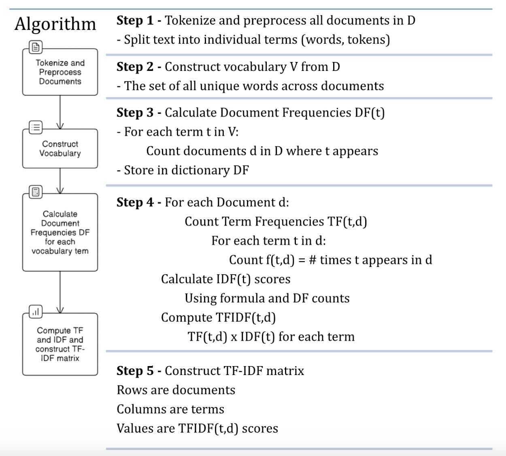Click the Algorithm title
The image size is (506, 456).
click(x=55, y=24)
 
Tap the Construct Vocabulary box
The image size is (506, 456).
click(x=60, y=149)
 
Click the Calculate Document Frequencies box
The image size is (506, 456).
click(x=60, y=232)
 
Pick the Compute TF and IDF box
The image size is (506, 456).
click(x=60, y=344)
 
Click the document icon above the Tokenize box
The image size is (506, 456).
click(x=36, y=47)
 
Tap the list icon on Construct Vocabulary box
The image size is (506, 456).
click(x=36, y=128)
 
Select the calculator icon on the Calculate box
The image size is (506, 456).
click(x=36, y=192)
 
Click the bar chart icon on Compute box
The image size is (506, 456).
click(x=36, y=311)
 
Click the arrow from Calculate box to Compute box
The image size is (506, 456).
click(x=60, y=292)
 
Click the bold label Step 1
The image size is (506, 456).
click(x=135, y=20)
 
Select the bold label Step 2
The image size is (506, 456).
click(x=135, y=66)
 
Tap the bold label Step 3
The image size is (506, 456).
click(x=135, y=113)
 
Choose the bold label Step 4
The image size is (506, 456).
click(x=135, y=202)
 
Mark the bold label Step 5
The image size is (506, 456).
click(x=135, y=371)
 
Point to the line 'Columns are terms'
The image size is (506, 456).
click(x=170, y=409)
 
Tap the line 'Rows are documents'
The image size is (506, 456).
click(x=176, y=390)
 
